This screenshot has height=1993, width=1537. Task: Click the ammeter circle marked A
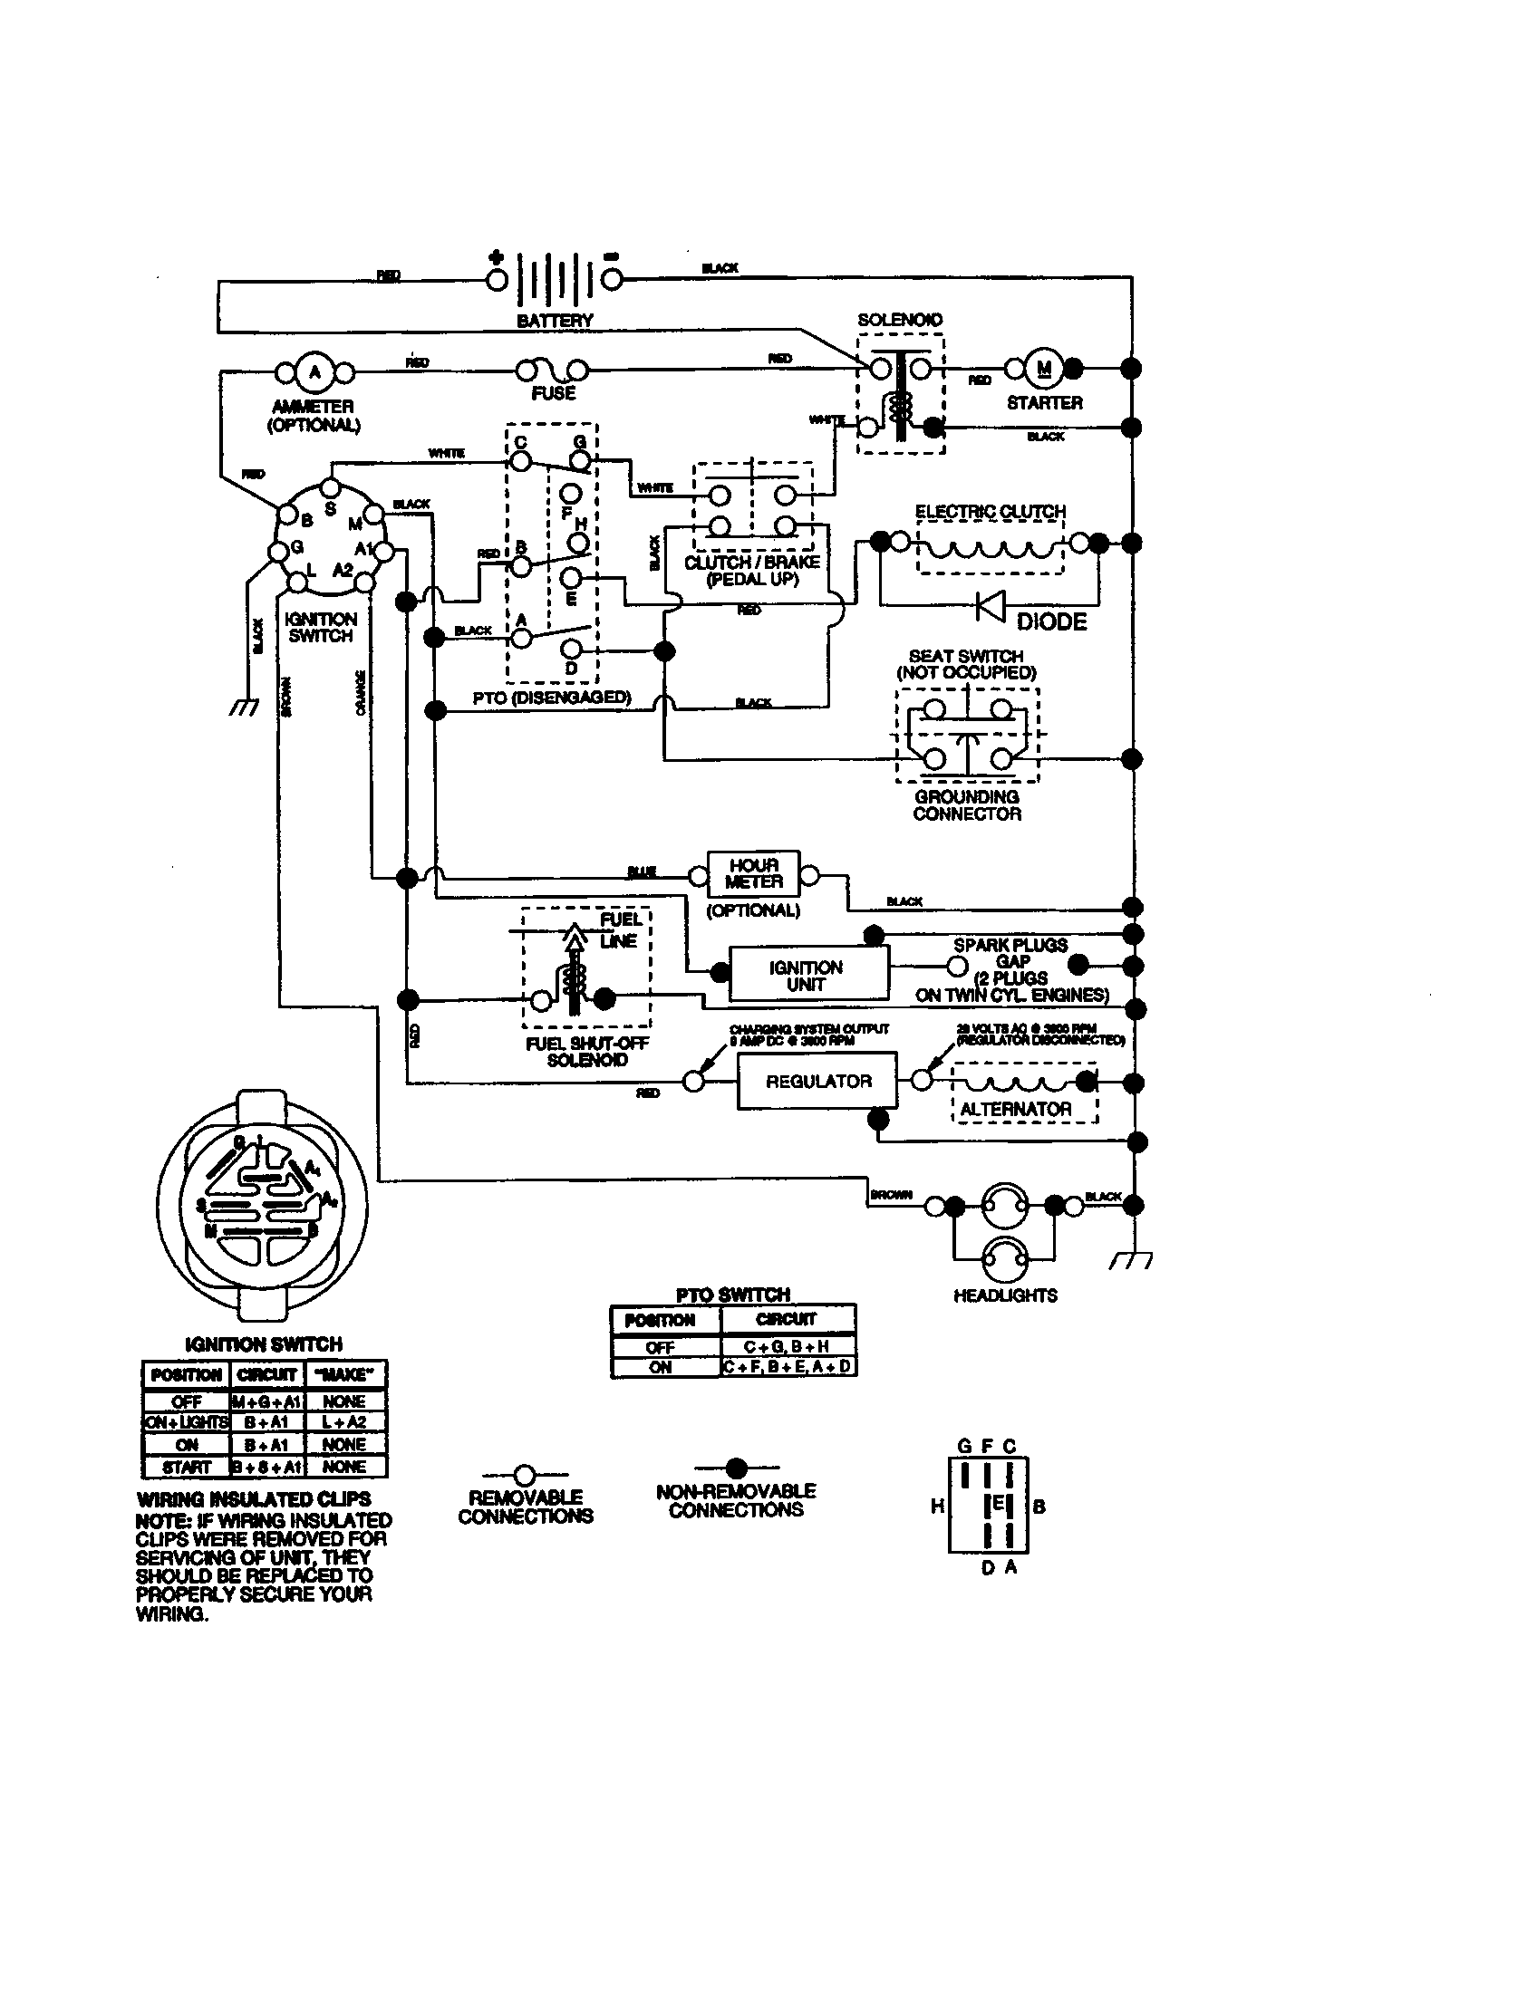pyautogui.click(x=314, y=371)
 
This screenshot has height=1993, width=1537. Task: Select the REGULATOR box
pyautogui.click(x=817, y=1082)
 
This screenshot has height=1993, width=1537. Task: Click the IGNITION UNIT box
pyautogui.click(x=807, y=975)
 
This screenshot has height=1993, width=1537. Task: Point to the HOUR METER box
pyautogui.click(x=754, y=873)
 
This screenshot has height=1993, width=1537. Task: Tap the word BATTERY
pyautogui.click(x=554, y=321)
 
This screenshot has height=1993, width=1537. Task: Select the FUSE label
pyautogui.click(x=553, y=393)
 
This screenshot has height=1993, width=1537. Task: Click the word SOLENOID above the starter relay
pyautogui.click(x=899, y=320)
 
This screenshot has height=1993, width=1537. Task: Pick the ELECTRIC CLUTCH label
pyautogui.click(x=991, y=511)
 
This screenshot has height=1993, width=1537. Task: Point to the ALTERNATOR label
pyautogui.click(x=1015, y=1109)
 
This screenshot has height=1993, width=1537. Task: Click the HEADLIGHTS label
pyautogui.click(x=1005, y=1295)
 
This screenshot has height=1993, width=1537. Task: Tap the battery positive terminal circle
pyautogui.click(x=498, y=279)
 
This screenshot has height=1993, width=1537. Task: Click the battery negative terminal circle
pyautogui.click(x=611, y=279)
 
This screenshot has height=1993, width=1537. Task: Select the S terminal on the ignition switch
pyautogui.click(x=331, y=487)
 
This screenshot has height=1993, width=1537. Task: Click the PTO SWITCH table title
pyautogui.click(x=733, y=1294)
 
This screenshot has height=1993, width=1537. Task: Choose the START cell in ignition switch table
pyautogui.click(x=186, y=1467)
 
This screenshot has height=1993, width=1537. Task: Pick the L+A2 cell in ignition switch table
pyautogui.click(x=344, y=1421)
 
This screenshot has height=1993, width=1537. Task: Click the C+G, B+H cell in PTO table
pyautogui.click(x=787, y=1346)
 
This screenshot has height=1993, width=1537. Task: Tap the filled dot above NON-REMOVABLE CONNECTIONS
pyautogui.click(x=737, y=1468)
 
